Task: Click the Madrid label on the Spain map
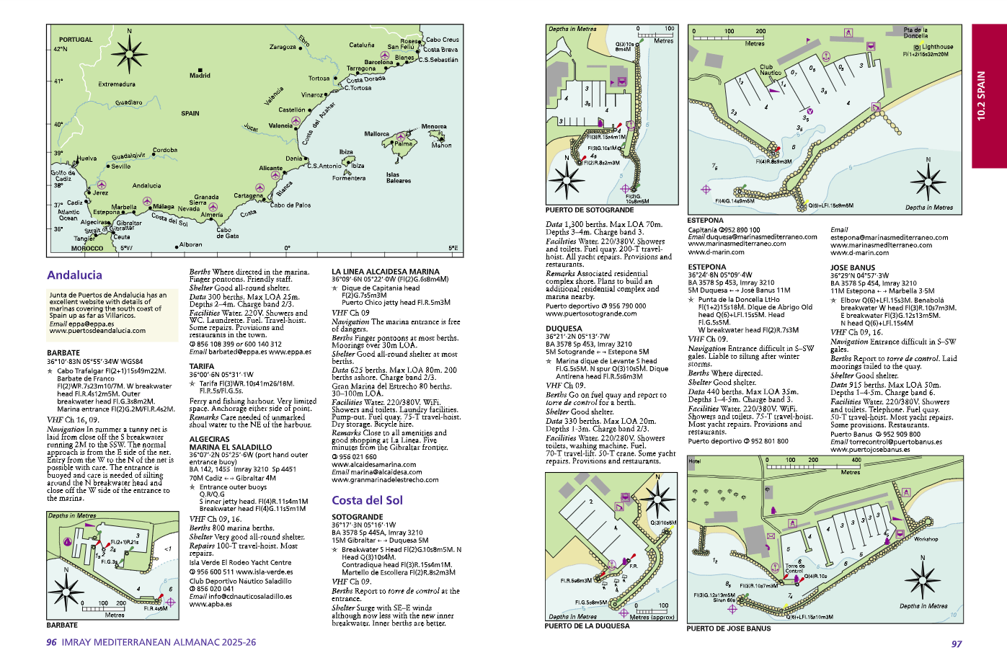click(x=200, y=75)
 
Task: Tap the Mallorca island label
click(x=376, y=134)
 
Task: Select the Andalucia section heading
click(x=74, y=275)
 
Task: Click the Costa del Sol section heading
click(x=367, y=500)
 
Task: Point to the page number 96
click(x=52, y=642)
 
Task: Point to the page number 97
click(x=956, y=644)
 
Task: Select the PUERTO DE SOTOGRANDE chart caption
click(x=589, y=210)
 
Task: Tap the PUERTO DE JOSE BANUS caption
click(x=728, y=628)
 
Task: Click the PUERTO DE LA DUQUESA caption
click(x=587, y=626)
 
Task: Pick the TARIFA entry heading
click(x=201, y=366)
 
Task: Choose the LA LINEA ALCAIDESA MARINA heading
click(x=385, y=272)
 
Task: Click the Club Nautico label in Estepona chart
click(x=771, y=70)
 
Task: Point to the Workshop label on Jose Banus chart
click(x=926, y=539)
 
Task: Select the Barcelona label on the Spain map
click(x=378, y=63)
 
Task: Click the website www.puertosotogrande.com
click(x=591, y=314)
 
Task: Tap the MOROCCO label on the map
click(x=86, y=249)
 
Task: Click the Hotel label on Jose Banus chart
click(x=694, y=461)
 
